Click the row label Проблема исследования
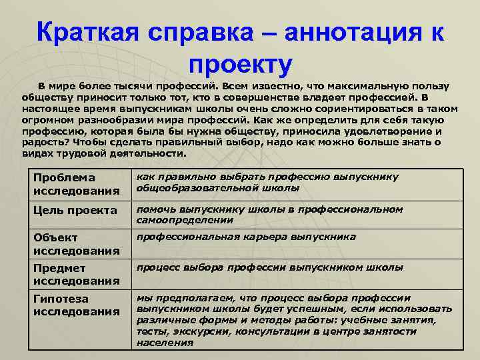click(64, 184)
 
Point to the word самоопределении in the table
click(181, 220)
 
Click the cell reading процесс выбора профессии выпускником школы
click(269, 267)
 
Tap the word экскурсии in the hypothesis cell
click(196, 332)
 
